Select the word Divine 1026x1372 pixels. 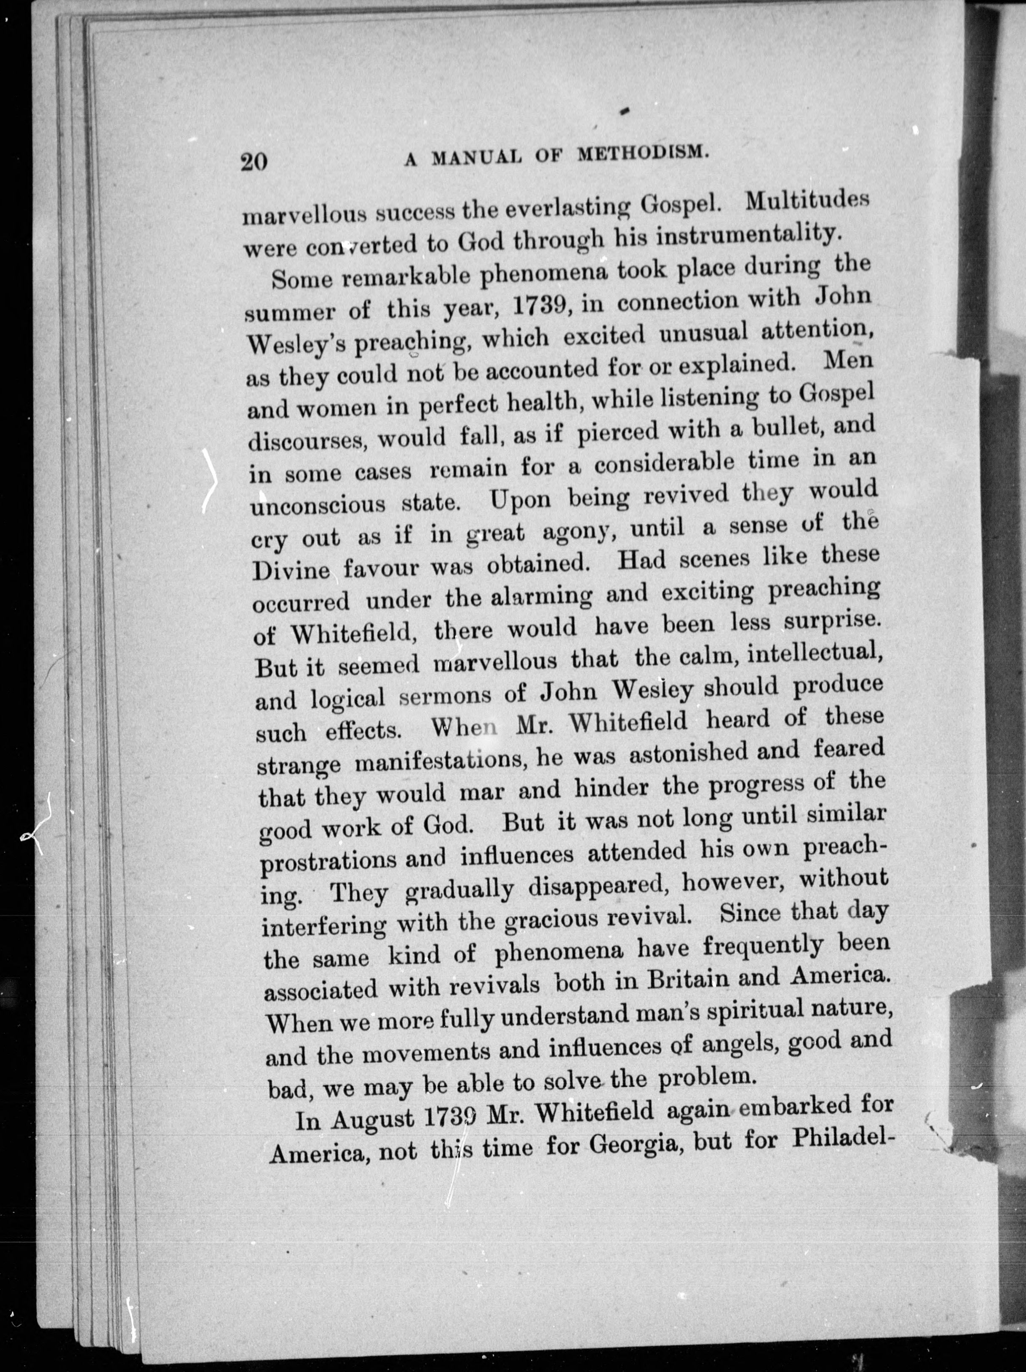click(x=291, y=569)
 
